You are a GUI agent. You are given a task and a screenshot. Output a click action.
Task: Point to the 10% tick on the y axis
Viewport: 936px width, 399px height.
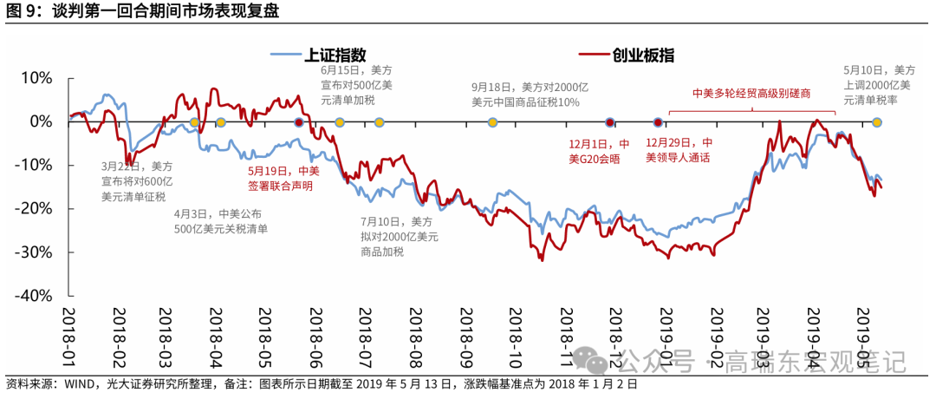coord(36,77)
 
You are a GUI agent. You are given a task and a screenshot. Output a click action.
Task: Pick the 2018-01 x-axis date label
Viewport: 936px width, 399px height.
coord(69,334)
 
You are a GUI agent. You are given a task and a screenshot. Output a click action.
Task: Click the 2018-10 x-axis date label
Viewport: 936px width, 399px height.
coord(511,334)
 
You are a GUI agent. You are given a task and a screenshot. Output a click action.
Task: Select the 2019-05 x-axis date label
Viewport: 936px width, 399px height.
coord(863,334)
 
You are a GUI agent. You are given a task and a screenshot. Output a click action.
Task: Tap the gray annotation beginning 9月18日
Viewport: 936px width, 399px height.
coord(530,95)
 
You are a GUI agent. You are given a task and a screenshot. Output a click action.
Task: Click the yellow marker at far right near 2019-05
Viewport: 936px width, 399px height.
coord(877,121)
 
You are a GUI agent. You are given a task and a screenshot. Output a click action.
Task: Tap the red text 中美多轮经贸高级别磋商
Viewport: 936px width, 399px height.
coord(751,93)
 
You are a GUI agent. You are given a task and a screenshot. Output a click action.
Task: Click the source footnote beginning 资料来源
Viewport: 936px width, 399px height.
coord(321,384)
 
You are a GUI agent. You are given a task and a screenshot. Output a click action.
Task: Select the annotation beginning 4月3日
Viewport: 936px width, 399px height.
coord(220,221)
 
